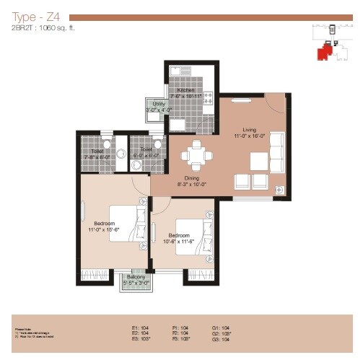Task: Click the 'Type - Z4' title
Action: pos(33,17)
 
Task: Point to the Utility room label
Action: pos(159,104)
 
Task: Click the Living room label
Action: pos(250,130)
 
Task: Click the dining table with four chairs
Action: pos(196,154)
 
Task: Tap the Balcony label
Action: pos(136,277)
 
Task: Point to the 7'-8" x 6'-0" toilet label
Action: pos(96,152)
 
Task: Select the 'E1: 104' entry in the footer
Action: pos(141,327)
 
